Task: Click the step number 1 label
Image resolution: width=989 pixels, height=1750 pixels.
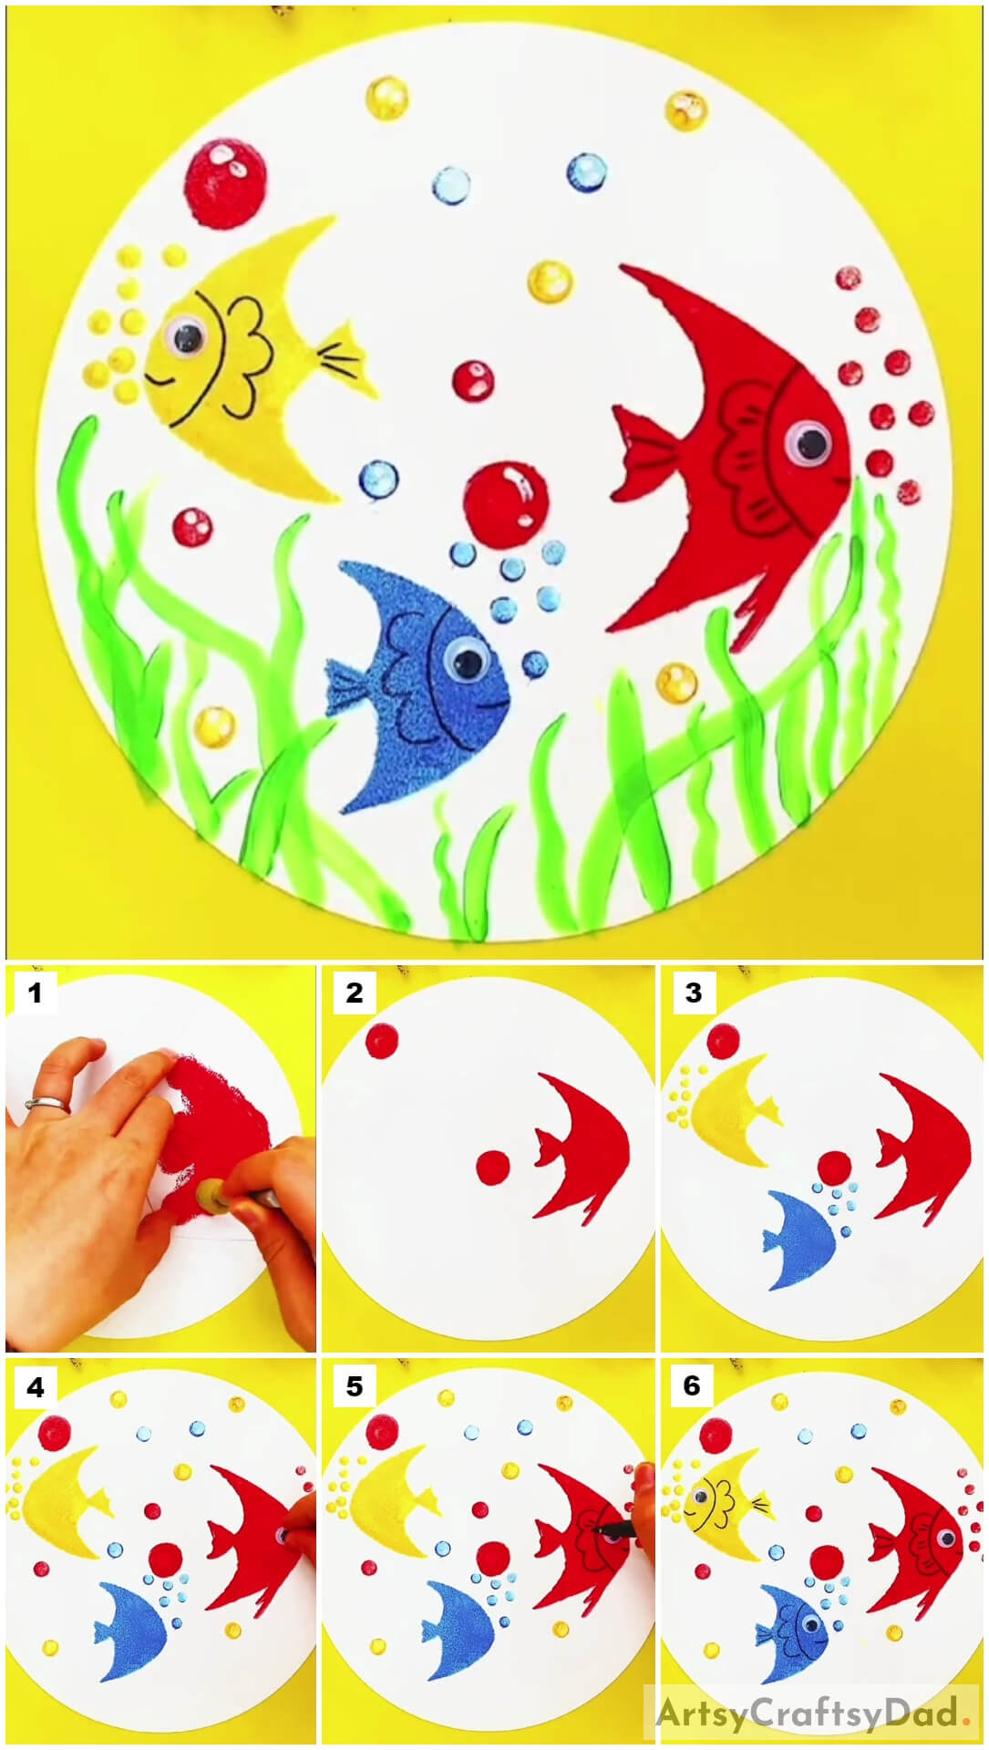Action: [x=34, y=993]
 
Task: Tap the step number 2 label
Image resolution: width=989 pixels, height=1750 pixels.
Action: [x=354, y=993]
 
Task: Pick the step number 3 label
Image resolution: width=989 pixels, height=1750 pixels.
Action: [x=693, y=993]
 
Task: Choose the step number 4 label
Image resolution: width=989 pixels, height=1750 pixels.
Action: [x=34, y=1387]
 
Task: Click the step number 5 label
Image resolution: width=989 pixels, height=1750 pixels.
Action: [x=354, y=1387]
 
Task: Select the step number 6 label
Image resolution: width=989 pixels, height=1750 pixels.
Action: [x=693, y=1387]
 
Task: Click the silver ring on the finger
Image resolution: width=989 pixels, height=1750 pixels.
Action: [x=45, y=1105]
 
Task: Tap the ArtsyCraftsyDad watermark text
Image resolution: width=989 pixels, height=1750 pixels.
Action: [x=807, y=1714]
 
